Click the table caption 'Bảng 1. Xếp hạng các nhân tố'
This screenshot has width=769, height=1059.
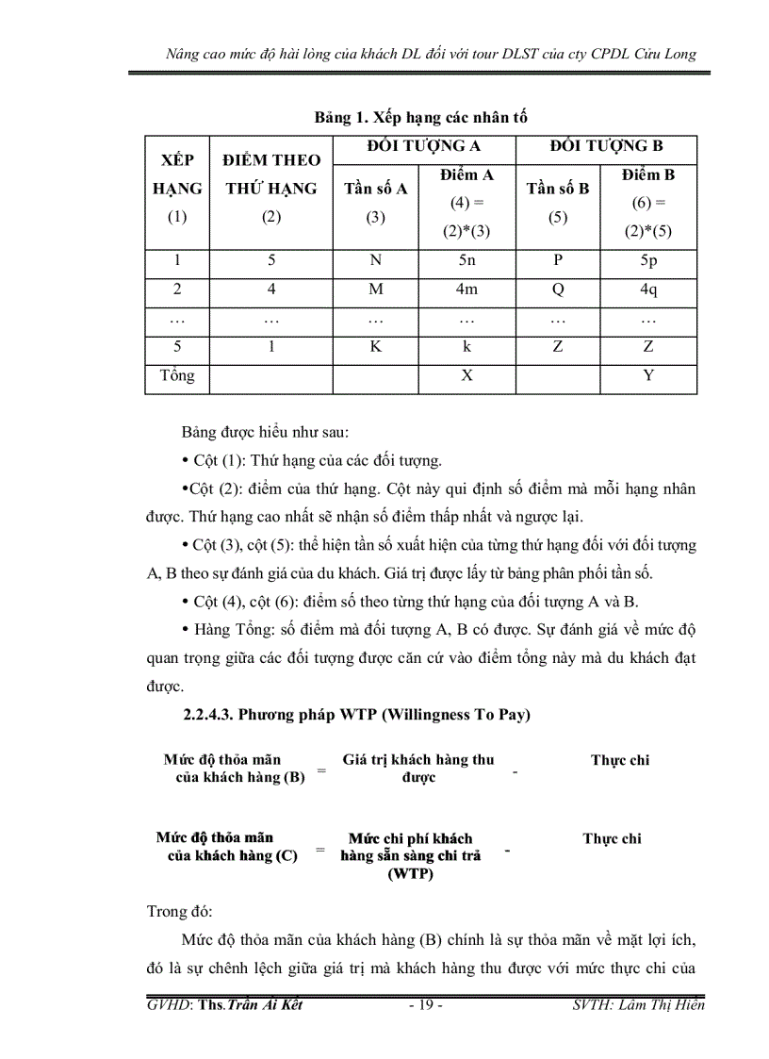tap(420, 118)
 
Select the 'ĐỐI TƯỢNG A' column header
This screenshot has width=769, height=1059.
tap(423, 145)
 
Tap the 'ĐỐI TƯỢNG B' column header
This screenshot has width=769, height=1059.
tap(606, 145)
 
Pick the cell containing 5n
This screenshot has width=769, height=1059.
tap(466, 261)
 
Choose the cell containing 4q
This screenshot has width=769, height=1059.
tap(648, 290)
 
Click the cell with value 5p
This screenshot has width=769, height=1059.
tap(648, 261)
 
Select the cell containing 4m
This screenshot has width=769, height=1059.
tap(466, 290)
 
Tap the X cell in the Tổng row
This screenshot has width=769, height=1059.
tap(466, 375)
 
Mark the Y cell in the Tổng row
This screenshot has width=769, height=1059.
tap(648, 375)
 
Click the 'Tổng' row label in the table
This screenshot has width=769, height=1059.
tap(177, 375)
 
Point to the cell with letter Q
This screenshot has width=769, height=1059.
tap(558, 290)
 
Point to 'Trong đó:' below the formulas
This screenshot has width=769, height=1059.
tap(180, 912)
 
